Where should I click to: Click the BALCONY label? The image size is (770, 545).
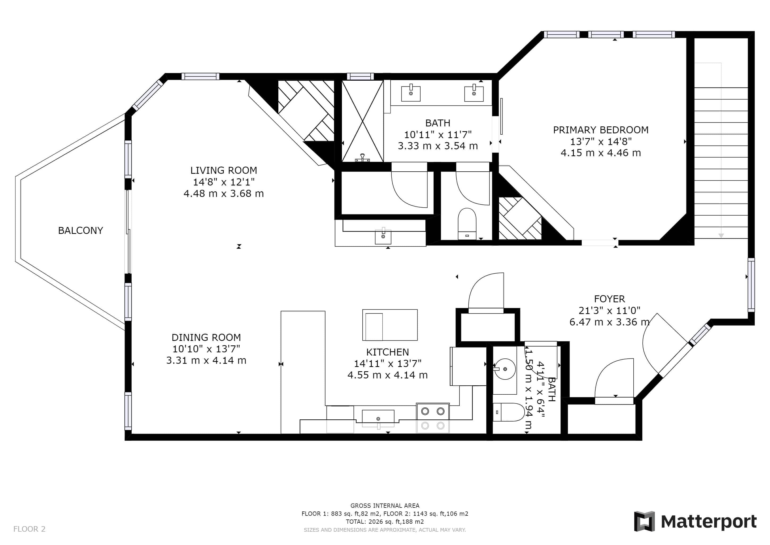pos(81,230)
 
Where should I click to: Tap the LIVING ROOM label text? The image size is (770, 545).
pos(224,171)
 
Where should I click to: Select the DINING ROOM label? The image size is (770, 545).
pos(206,337)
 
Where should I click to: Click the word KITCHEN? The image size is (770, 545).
pos(387,352)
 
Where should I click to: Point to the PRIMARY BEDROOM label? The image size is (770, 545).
pos(601,130)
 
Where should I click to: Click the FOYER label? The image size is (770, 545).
pos(609,299)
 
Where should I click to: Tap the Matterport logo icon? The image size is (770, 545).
pos(644,521)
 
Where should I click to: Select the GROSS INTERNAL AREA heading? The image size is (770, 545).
pos(385,506)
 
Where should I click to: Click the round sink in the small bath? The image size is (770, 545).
pos(505,369)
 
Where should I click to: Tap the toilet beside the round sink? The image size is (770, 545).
pos(508,412)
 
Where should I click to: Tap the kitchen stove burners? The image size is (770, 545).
pos(433,418)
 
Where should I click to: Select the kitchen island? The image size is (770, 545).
pos(390,325)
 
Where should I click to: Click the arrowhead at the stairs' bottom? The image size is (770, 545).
pos(721,236)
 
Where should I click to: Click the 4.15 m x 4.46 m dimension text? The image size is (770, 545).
pos(601,153)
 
